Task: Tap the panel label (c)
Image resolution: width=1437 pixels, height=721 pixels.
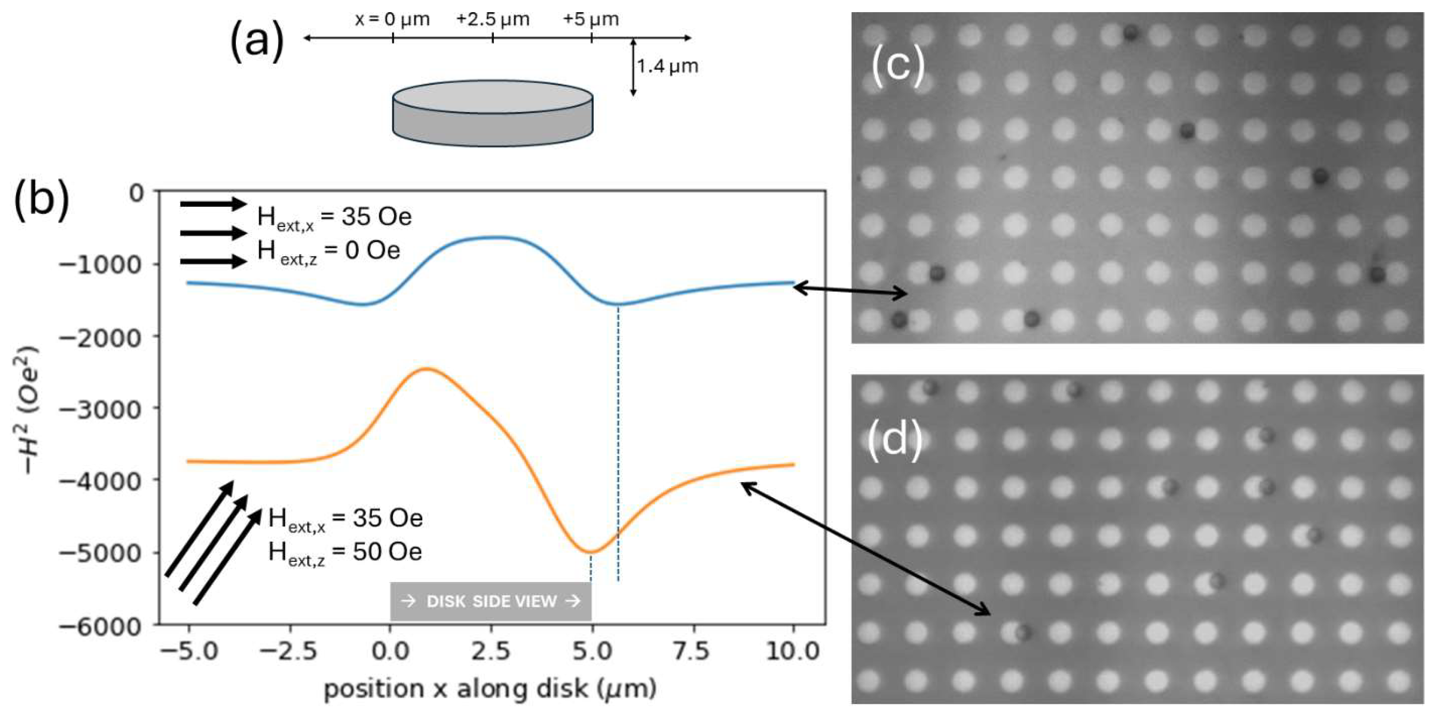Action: (x=897, y=65)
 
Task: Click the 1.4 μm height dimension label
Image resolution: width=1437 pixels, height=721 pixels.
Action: (x=668, y=66)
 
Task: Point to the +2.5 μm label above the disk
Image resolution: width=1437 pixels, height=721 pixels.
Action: (x=492, y=19)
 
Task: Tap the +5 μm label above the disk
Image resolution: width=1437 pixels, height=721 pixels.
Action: (x=591, y=19)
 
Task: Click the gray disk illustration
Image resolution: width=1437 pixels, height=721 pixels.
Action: (x=492, y=114)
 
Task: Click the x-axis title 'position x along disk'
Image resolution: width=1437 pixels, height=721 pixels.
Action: (x=490, y=689)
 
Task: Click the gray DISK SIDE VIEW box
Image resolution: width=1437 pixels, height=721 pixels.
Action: (x=490, y=601)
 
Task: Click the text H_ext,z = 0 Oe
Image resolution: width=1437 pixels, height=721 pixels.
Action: (x=328, y=251)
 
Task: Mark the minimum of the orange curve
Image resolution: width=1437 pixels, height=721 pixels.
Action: (x=590, y=553)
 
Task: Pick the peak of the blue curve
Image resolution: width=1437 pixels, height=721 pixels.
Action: (x=494, y=237)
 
